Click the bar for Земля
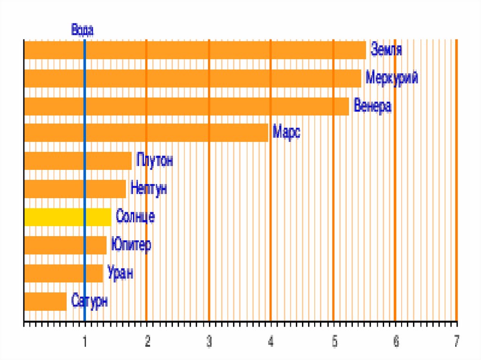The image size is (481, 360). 194,50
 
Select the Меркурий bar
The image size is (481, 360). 192,78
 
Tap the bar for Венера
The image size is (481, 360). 186,106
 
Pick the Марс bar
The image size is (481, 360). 146,133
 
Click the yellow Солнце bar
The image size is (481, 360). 67,217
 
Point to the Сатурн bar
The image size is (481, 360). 45,301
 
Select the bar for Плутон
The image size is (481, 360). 78,161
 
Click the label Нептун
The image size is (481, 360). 148,189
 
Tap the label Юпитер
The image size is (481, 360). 131,245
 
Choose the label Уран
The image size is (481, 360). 120,273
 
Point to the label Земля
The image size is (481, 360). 387,50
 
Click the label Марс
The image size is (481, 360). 287,132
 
